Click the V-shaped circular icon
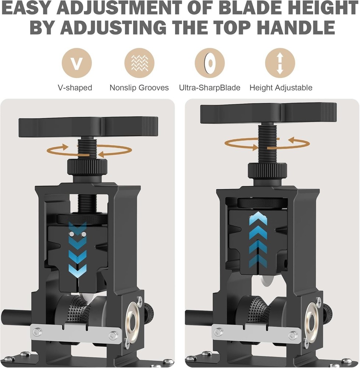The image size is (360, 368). (x=76, y=63)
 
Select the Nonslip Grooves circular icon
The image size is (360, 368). (x=139, y=63)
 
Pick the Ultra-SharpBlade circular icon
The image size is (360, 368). (x=210, y=63)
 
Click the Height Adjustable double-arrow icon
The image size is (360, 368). (x=280, y=63)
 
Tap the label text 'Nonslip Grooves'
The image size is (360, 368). (x=139, y=88)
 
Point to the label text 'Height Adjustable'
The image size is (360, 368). (x=281, y=88)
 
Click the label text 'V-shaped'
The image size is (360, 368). (x=75, y=88)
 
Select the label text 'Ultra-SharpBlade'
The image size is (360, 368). (x=210, y=88)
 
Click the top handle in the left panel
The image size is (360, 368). (x=88, y=126)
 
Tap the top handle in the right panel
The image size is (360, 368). (x=268, y=113)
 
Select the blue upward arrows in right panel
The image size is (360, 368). (x=258, y=239)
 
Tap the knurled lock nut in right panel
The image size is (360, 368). (x=267, y=171)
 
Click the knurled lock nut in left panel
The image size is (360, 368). (x=87, y=168)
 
